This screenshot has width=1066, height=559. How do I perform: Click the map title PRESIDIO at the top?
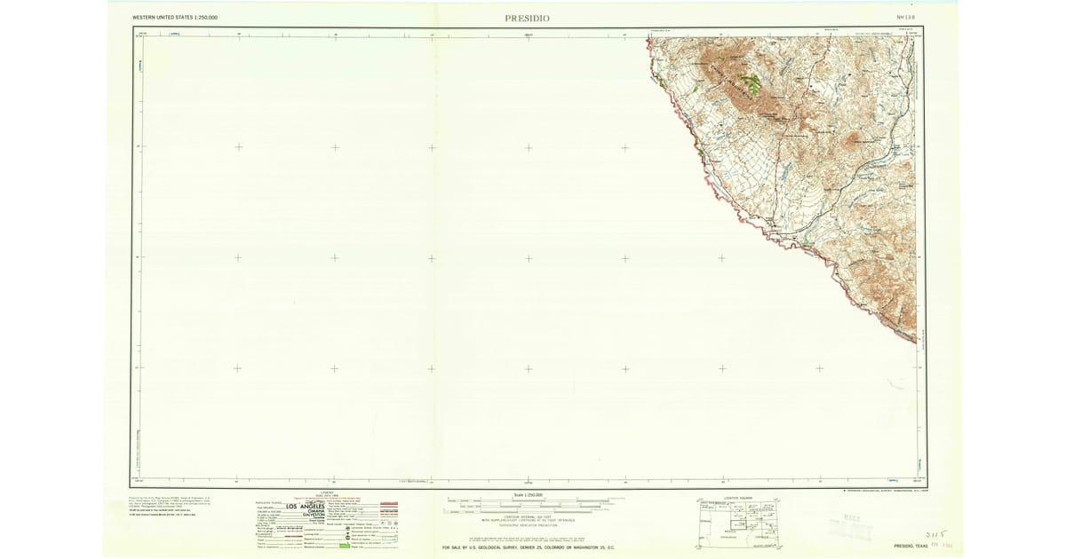click(x=528, y=18)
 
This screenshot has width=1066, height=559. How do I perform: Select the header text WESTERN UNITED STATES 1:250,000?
click(x=175, y=18)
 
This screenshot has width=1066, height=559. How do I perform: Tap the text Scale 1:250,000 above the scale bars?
click(x=528, y=494)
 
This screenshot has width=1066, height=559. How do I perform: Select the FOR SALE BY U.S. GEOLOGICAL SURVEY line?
click(x=528, y=547)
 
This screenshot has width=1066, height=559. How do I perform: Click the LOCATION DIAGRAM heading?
click(x=736, y=498)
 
